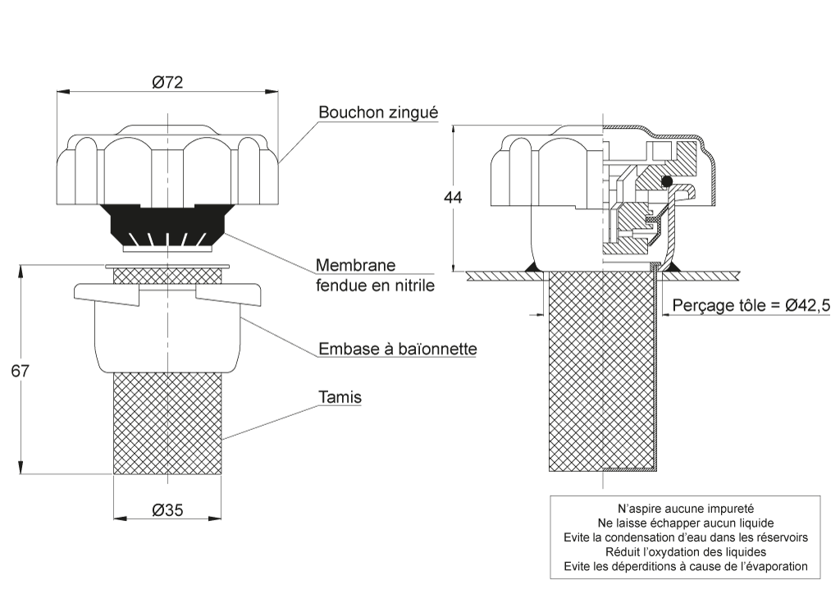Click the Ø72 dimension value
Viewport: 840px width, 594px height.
tap(167, 82)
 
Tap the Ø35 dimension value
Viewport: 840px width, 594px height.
tap(167, 510)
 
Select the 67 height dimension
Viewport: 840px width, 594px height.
tap(20, 371)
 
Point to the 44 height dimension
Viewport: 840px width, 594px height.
tap(453, 197)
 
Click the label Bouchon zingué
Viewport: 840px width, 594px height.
tap(378, 112)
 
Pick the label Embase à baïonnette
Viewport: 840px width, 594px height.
tap(398, 349)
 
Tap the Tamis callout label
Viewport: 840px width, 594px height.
tap(340, 397)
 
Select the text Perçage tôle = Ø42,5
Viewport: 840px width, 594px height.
tap(751, 305)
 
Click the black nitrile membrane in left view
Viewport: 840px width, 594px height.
tap(167, 224)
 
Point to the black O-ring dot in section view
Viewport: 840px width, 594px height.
tap(667, 181)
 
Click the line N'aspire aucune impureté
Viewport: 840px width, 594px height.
tap(686, 509)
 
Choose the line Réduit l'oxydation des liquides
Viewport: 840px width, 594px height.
tap(686, 551)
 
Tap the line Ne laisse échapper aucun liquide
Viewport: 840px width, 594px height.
tap(686, 523)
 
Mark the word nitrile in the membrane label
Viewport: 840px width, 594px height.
tap(413, 285)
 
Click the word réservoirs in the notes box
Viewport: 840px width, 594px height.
tap(783, 537)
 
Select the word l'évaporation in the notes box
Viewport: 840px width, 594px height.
tap(774, 566)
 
